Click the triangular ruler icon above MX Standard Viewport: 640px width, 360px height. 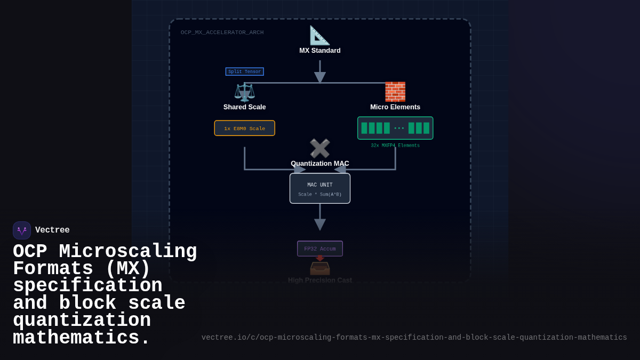[319, 35]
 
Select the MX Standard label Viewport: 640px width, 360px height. [319, 51]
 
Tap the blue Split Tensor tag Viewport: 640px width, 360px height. [244, 71]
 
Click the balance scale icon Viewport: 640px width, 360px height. [244, 92]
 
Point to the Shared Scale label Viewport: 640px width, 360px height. [244, 107]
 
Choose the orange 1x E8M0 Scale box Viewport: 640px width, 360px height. [244, 128]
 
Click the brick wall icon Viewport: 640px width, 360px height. [395, 92]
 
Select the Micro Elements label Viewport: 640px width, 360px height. [395, 107]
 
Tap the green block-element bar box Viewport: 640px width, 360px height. [395, 128]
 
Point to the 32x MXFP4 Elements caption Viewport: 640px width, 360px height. [395, 146]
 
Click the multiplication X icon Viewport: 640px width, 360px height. [319, 148]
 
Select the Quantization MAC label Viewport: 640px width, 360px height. [319, 164]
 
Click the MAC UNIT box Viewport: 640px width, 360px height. [319, 188]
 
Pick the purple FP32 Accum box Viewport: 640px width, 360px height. [319, 249]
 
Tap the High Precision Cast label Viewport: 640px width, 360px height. [319, 280]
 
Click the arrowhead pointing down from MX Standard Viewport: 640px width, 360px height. [319, 77]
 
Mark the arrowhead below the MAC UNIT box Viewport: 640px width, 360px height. [319, 224]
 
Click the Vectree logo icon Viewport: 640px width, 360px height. [22, 230]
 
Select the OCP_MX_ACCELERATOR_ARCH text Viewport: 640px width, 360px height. [222, 33]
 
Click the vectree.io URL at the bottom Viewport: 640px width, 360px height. [414, 338]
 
